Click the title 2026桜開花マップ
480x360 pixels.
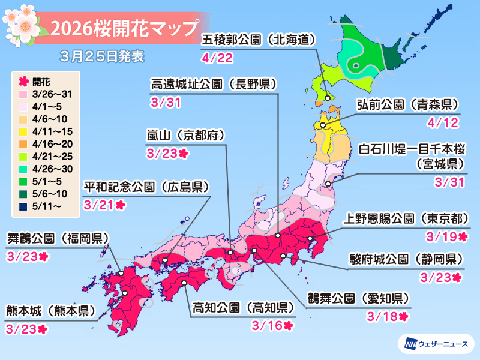pyautogui.click(x=124, y=28)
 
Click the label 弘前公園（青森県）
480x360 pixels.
pyautogui.click(x=407, y=104)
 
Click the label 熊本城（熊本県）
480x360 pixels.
pyautogui.click(x=51, y=311)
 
